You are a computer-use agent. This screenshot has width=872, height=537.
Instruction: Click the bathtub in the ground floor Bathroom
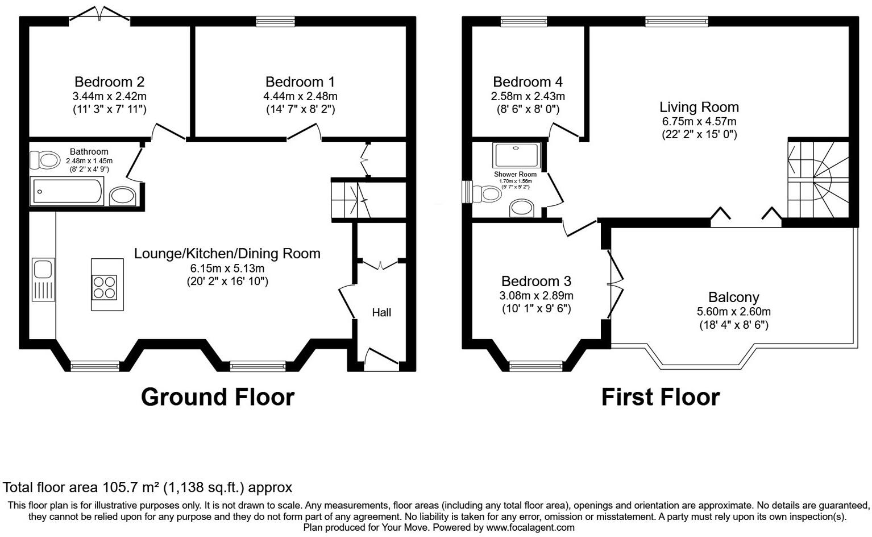tap(67, 191)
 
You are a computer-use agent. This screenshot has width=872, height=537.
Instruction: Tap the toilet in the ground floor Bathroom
tap(44, 160)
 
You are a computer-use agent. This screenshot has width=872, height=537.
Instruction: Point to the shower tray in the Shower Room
tap(516, 155)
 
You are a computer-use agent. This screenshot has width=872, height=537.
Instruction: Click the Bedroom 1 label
tap(300, 82)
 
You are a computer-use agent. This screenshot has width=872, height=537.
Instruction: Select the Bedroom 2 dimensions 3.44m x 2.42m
tap(110, 96)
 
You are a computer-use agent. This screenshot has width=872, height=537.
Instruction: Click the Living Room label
tap(699, 107)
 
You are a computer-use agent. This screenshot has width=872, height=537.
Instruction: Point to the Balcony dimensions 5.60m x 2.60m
tap(733, 312)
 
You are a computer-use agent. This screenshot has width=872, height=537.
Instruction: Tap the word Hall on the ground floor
tap(381, 312)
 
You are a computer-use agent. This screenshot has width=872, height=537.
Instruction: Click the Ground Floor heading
tap(218, 397)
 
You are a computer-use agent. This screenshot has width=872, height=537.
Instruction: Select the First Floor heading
tap(661, 397)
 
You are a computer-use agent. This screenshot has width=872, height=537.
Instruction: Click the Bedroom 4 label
tap(528, 82)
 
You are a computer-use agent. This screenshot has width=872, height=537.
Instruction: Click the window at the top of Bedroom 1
tap(275, 22)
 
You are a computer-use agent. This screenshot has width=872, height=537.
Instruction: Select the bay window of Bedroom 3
tap(536, 365)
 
